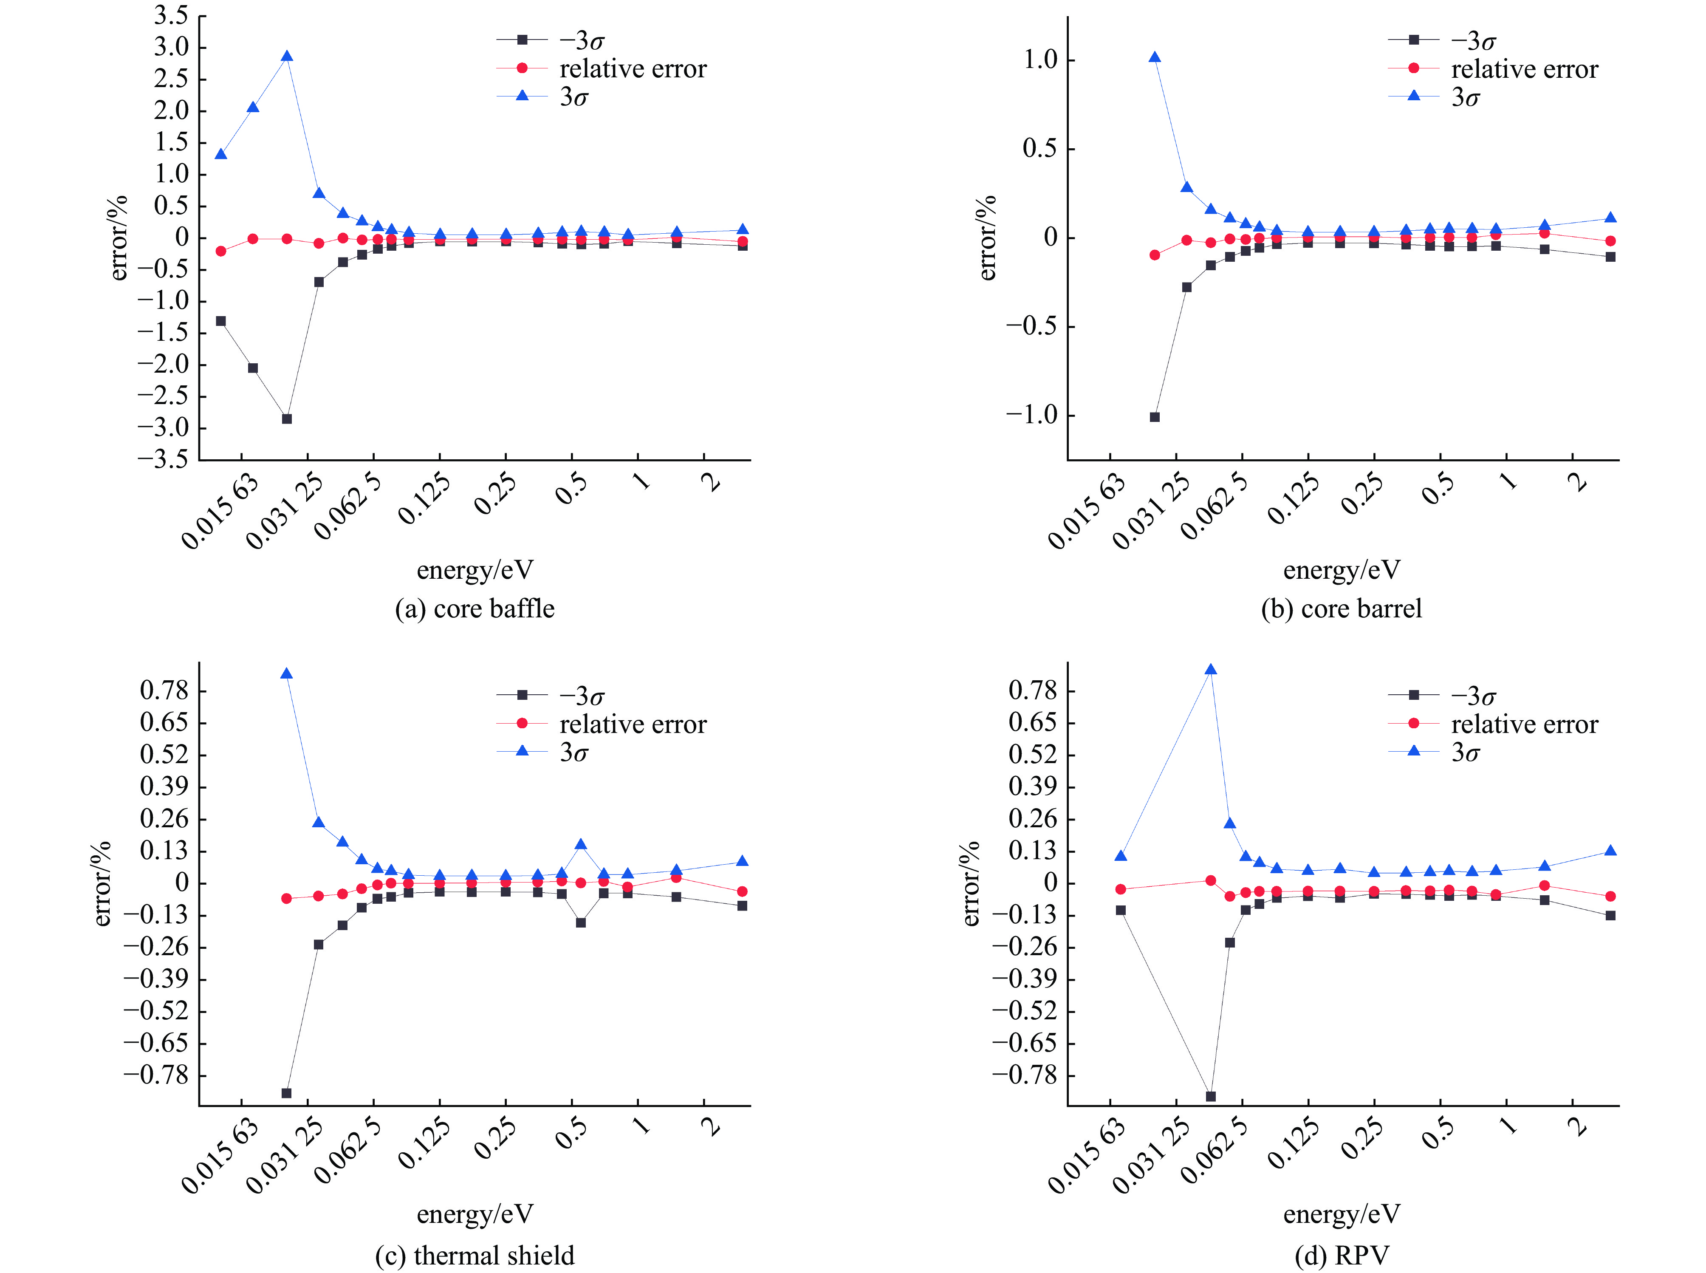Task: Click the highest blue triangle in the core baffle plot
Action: [286, 56]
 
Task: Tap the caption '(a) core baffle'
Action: [475, 609]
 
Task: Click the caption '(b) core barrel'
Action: [1341, 609]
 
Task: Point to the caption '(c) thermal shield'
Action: [475, 1255]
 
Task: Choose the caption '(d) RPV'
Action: [1342, 1255]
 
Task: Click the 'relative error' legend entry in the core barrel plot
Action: [1523, 69]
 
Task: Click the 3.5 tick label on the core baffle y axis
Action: [171, 15]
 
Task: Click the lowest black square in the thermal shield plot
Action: [286, 1093]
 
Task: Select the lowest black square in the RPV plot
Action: [1211, 1096]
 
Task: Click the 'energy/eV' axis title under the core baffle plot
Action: [475, 570]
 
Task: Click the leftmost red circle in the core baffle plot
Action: [221, 251]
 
